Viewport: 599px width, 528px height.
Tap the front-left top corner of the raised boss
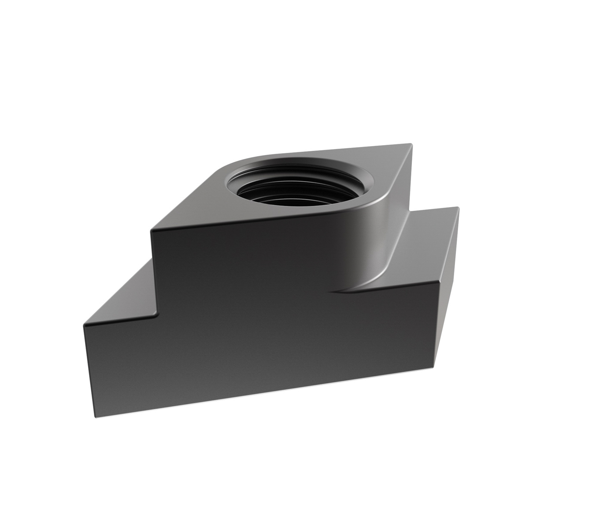tap(152, 230)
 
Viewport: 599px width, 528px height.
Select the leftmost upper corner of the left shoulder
tap(84, 326)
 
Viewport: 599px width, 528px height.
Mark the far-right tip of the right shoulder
tap(458, 208)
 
